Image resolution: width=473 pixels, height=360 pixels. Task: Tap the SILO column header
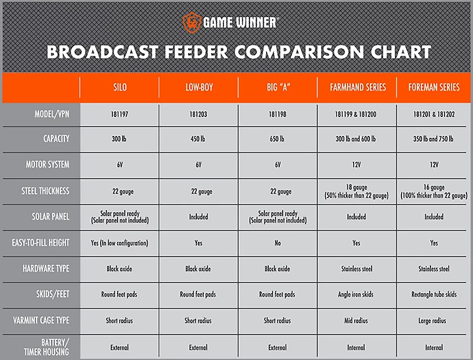(119, 87)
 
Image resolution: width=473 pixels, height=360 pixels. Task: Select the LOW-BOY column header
(199, 87)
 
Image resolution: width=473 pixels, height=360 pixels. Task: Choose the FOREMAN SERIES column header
(433, 87)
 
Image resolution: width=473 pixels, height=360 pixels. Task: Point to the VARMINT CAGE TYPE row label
(41, 320)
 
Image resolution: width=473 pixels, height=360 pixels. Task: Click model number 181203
(199, 113)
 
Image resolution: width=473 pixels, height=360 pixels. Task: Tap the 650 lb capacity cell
(277, 140)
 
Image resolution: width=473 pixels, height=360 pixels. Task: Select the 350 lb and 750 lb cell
(433, 140)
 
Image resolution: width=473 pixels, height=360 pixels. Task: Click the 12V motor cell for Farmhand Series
(357, 165)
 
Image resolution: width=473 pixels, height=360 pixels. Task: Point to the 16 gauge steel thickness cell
(433, 191)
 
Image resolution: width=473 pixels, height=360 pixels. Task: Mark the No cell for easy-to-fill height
(277, 243)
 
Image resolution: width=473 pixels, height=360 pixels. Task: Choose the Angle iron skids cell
(357, 294)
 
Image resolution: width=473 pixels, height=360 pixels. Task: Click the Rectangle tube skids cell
(433, 294)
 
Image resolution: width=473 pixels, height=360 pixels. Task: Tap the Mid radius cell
(357, 320)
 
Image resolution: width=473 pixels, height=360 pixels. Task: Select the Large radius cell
(433, 320)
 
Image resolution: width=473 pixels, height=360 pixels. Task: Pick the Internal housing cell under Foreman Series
(433, 348)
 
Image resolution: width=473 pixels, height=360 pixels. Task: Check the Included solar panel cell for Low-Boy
(199, 217)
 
